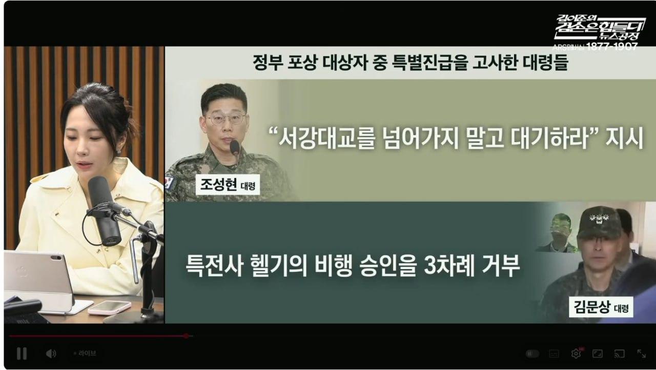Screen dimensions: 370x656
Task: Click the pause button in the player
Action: tap(22, 353)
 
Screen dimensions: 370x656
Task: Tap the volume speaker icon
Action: tap(51, 354)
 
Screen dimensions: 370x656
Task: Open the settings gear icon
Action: tap(576, 354)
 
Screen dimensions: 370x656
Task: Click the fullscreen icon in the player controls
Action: tap(641, 354)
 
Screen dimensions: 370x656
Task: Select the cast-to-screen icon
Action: tap(619, 354)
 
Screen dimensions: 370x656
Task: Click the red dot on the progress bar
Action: tap(186, 336)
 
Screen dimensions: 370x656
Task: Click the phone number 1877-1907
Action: tap(612, 47)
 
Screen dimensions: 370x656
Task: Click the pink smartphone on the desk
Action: tap(109, 307)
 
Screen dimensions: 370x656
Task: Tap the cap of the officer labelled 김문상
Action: tap(599, 222)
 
